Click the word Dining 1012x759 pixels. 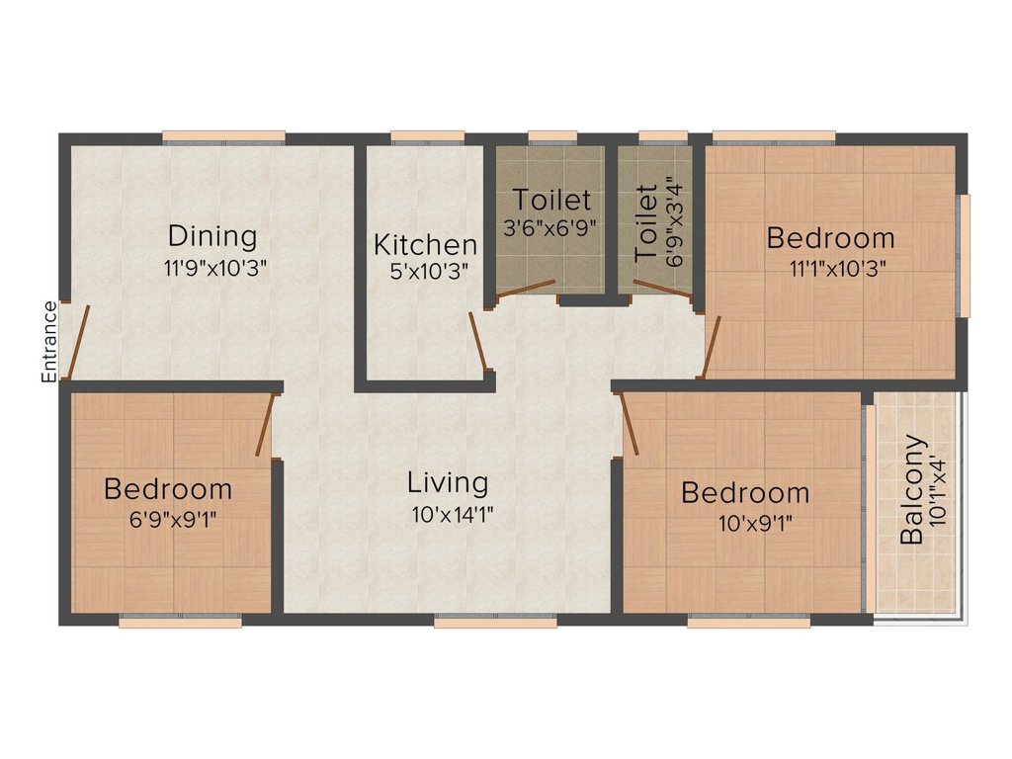coord(212,237)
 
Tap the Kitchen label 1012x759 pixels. coord(425,245)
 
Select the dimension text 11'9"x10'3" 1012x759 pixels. coord(215,268)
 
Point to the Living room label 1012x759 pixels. coord(448,483)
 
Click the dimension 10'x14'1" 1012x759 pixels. coord(453,515)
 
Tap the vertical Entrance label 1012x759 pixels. coord(49,341)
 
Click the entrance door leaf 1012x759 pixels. coord(79,341)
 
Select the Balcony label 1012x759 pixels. coord(912,490)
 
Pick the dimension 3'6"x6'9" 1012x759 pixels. coord(548,228)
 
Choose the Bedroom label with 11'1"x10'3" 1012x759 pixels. coord(830,238)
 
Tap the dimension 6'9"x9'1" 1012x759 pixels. coord(173,519)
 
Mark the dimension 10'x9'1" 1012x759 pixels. coord(755,523)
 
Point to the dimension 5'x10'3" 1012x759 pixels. coord(429,272)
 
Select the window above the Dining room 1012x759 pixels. coord(224,136)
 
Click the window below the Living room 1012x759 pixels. coord(495,622)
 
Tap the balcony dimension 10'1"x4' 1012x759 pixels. coord(939,491)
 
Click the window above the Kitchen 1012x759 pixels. coord(428,136)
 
